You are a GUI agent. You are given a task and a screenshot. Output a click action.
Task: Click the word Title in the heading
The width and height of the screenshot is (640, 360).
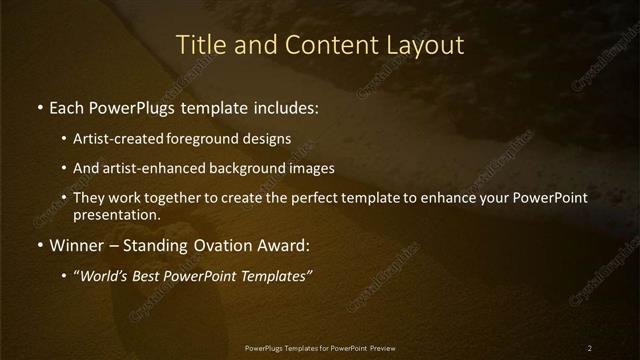[x=198, y=45]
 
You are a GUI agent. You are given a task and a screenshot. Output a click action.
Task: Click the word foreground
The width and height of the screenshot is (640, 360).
[x=216, y=139]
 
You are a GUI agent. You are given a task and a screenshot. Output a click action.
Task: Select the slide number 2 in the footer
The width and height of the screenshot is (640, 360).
[x=589, y=347]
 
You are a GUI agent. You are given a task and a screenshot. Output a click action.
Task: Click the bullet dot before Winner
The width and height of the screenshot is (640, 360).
[x=38, y=244]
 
